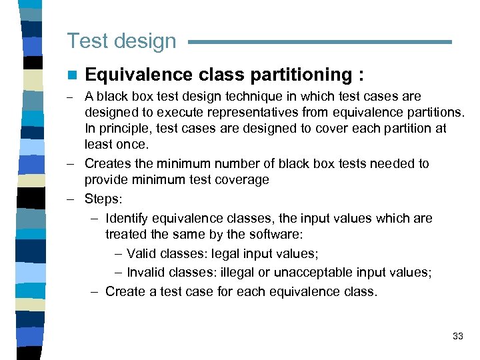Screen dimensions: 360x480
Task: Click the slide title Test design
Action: coord(121,41)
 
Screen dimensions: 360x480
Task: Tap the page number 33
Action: coord(457,336)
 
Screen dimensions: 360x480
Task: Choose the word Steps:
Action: coord(103,199)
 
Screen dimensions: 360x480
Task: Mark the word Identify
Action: coord(127,218)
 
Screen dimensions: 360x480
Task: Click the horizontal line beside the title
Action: coord(320,42)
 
